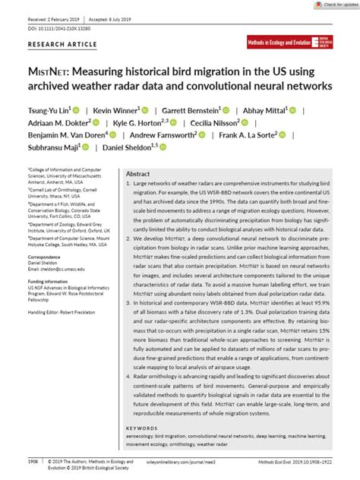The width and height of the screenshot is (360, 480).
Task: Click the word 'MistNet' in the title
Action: coord(46,71)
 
